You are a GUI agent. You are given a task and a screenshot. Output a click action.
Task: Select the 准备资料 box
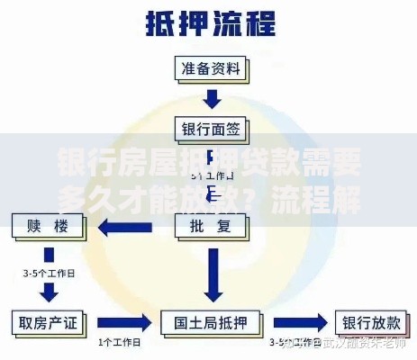(213, 68)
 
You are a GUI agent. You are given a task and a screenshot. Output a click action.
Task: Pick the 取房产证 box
(49, 321)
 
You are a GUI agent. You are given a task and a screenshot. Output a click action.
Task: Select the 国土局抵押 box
(213, 321)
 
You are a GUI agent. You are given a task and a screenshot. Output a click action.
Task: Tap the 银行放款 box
(371, 321)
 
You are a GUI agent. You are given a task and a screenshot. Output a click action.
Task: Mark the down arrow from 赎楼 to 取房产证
(49, 289)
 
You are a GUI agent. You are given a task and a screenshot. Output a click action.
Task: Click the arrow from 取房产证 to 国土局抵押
(122, 321)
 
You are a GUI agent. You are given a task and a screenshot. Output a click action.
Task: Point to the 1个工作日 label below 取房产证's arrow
(117, 342)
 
